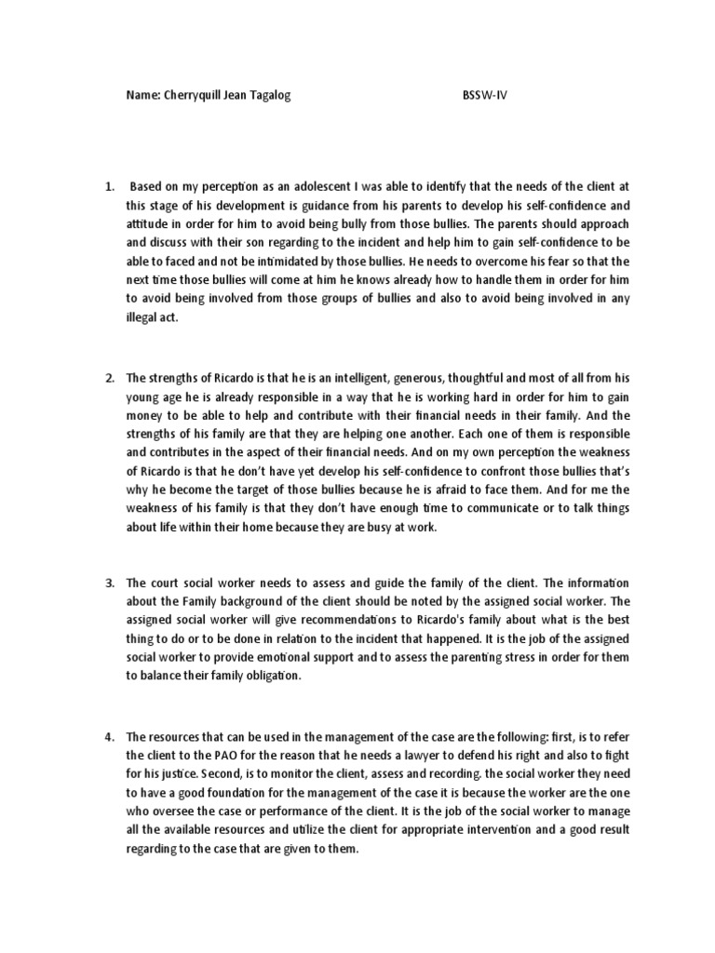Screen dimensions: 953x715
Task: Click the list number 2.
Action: coord(108,378)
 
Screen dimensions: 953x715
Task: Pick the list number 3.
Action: coord(108,583)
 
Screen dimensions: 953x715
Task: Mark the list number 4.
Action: coord(108,738)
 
